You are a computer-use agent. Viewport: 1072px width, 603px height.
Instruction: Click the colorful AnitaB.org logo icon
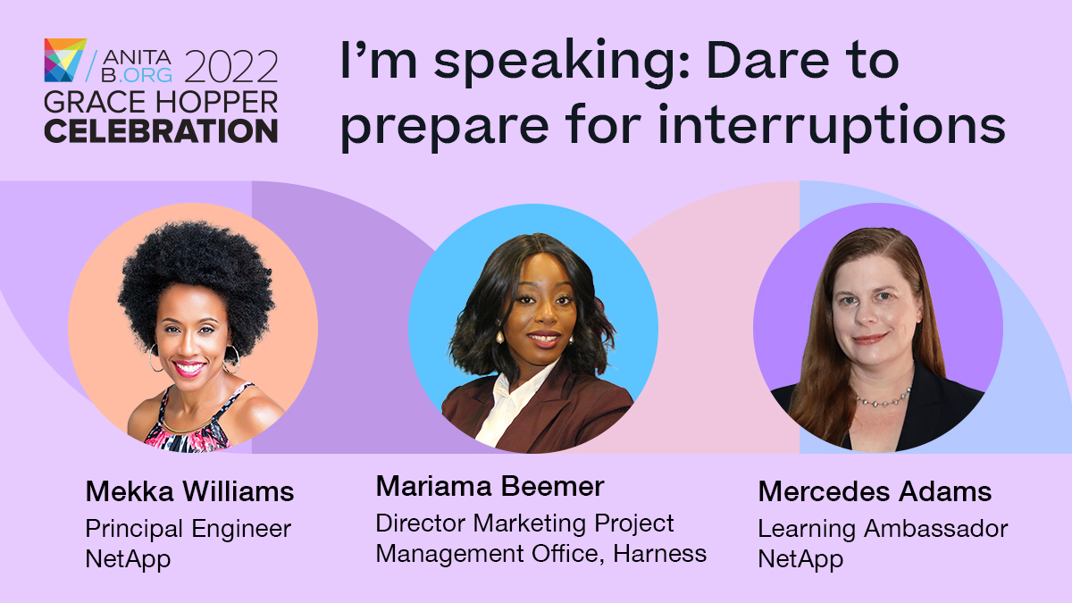[x=65, y=60]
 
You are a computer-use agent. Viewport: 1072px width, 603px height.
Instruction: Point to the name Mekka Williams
[x=189, y=491]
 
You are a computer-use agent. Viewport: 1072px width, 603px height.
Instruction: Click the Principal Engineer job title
[x=188, y=529]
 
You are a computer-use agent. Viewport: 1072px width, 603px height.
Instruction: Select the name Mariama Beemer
[x=490, y=487]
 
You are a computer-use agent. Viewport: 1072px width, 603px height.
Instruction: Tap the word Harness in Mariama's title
[x=663, y=554]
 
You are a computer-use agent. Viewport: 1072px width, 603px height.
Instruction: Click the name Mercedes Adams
[x=875, y=491]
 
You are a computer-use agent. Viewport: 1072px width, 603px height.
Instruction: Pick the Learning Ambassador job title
[x=882, y=529]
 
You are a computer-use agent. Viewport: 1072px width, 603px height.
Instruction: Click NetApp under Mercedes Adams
[x=800, y=560]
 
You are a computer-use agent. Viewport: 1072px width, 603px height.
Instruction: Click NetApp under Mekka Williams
[x=128, y=560]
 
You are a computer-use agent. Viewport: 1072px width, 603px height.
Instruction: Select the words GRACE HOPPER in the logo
[x=161, y=101]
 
